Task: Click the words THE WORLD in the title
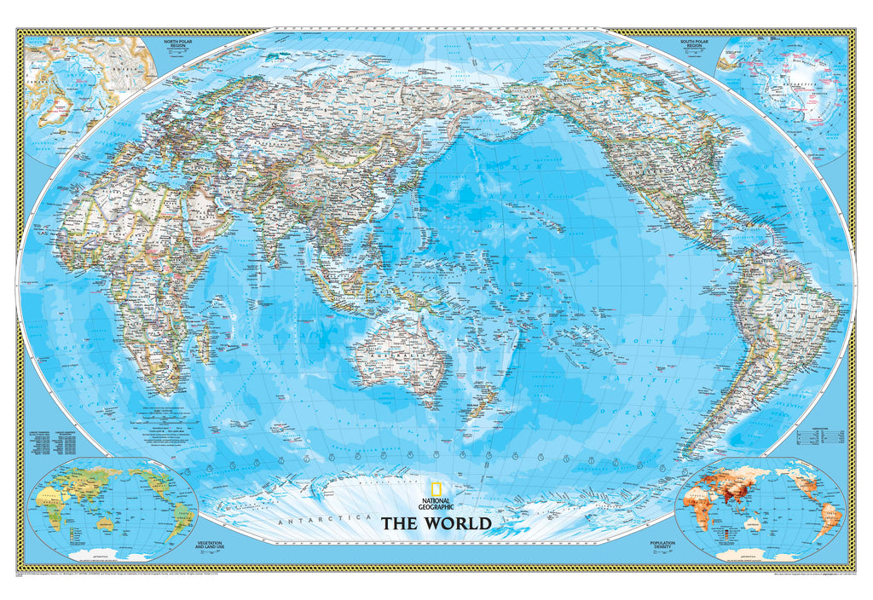pos(436,523)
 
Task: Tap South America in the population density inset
pos(827,516)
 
